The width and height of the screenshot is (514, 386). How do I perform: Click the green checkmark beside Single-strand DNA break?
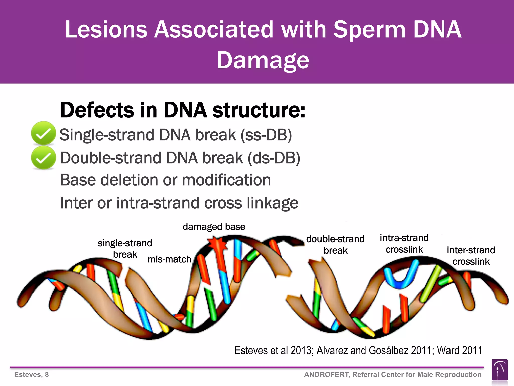click(x=43, y=133)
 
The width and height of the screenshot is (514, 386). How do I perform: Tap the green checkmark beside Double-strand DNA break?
click(x=43, y=158)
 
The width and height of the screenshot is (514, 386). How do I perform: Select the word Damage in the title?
click(x=263, y=60)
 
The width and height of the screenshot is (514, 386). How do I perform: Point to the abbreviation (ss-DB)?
click(x=266, y=135)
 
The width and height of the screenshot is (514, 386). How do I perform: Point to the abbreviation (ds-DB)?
click(x=274, y=158)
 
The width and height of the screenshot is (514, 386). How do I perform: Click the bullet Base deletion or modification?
click(x=165, y=180)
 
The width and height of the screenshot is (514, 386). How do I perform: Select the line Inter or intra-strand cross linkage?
click(x=179, y=203)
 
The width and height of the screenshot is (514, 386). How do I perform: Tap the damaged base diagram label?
click(x=214, y=227)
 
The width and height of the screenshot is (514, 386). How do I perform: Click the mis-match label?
click(x=169, y=259)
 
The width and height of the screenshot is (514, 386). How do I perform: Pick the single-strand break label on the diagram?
click(x=125, y=249)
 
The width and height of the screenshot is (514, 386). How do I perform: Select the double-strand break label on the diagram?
click(x=335, y=244)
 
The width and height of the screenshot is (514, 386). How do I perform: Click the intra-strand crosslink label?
click(x=404, y=243)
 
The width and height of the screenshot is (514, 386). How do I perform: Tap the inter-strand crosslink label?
click(x=471, y=256)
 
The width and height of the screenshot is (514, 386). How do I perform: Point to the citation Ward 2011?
click(x=460, y=350)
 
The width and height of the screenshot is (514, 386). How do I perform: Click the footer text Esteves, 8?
click(x=31, y=374)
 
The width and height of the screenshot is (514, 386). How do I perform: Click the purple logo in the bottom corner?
click(x=499, y=370)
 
